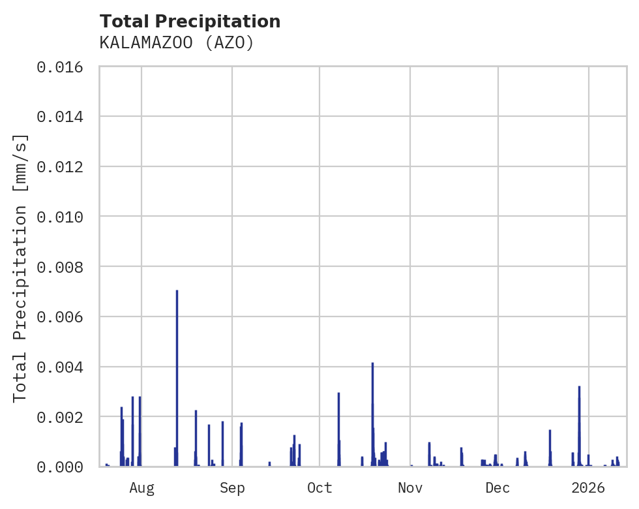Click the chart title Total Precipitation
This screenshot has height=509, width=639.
(x=190, y=22)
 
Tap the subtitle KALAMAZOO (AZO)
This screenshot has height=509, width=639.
(x=176, y=43)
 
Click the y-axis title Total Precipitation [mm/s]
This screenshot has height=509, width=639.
(x=20, y=267)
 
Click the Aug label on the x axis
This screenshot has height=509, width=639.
(x=141, y=488)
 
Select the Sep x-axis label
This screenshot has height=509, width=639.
(x=232, y=488)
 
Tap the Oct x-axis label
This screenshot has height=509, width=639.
(x=319, y=488)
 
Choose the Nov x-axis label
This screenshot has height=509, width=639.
(x=410, y=488)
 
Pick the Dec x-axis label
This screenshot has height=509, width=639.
(x=498, y=488)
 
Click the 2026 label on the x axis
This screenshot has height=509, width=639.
(x=588, y=488)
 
